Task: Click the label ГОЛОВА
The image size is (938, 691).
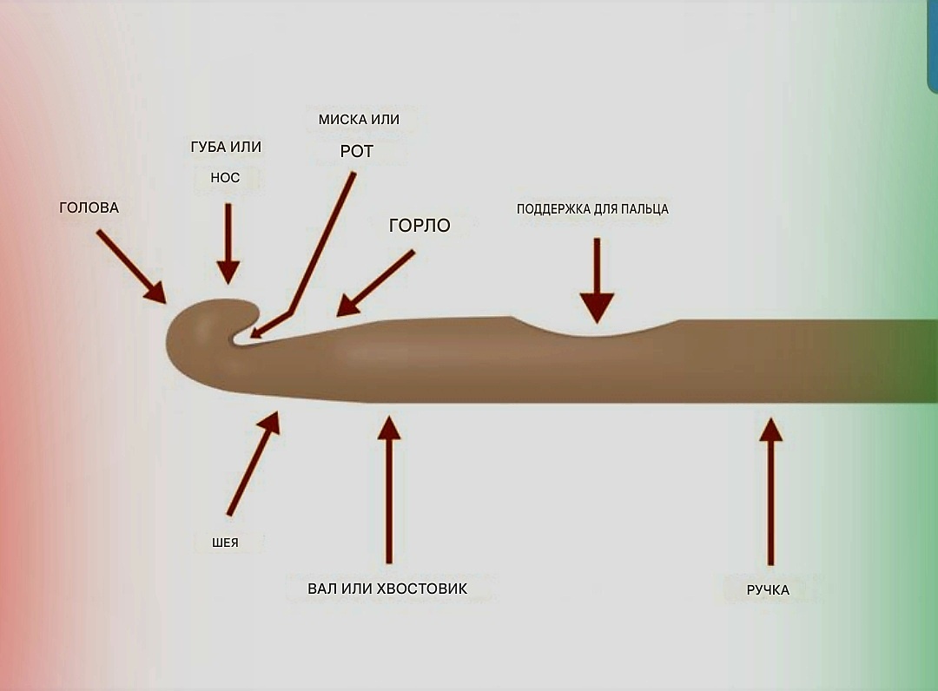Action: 89,208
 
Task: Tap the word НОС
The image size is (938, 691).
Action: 225,178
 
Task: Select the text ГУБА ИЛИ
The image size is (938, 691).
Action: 226,148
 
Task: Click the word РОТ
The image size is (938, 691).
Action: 356,152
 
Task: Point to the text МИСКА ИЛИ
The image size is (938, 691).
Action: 359,120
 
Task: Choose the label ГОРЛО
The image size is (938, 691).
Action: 419,227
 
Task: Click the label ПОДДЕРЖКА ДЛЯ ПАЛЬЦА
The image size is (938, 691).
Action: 592,209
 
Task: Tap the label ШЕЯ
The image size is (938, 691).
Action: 225,543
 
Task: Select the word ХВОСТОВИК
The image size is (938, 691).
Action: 423,589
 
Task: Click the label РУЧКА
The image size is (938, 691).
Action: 768,590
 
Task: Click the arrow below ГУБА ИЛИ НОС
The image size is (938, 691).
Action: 228,243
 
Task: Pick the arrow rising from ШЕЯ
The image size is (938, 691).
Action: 254,464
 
